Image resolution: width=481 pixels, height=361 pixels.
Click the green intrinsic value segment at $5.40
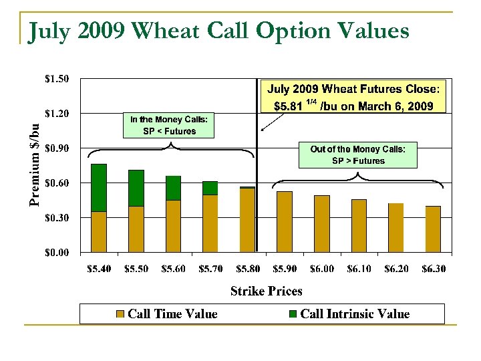tap(99, 187)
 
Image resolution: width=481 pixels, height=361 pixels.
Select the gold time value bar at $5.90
tap(285, 221)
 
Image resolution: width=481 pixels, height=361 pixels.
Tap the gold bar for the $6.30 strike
tap(433, 229)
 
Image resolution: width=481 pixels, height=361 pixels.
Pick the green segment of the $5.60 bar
tap(173, 188)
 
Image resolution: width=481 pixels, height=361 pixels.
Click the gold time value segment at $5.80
tap(247, 220)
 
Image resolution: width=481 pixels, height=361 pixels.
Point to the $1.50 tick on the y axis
tap(56, 79)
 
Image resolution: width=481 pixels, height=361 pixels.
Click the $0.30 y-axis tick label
tap(56, 217)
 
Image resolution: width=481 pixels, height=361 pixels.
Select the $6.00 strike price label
tap(322, 269)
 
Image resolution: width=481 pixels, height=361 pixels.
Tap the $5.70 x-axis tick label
tap(210, 269)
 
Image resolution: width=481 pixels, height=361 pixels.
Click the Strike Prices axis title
tap(266, 291)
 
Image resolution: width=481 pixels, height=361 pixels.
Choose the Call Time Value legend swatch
tap(120, 314)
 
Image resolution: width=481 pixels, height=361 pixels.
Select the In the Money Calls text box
tap(170, 125)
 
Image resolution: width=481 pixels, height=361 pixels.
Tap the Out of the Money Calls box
tap(357, 155)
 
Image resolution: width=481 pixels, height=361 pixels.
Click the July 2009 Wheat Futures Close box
tap(354, 98)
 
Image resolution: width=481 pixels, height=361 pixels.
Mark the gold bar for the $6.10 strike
tap(359, 225)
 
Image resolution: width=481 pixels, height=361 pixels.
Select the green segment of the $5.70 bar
tap(210, 188)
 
